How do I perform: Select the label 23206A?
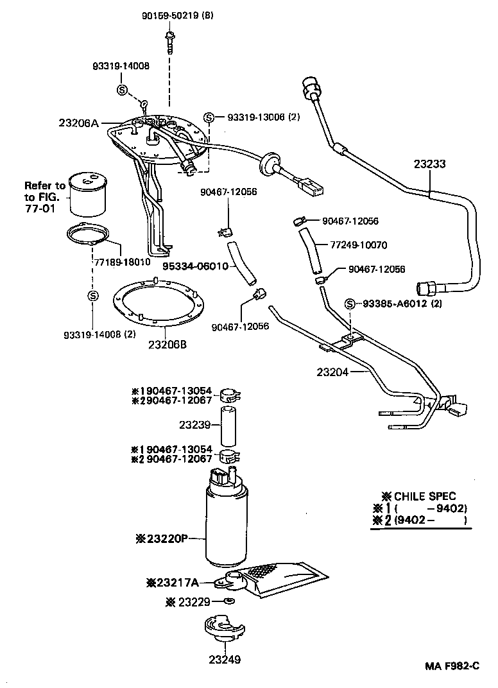coord(78,123)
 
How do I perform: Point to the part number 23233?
coord(429,164)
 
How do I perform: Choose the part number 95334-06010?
coord(195,266)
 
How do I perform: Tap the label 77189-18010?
coord(122,262)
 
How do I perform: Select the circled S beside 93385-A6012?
coord(350,304)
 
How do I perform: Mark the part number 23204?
coord(332,372)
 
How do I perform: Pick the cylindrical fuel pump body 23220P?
coord(226,526)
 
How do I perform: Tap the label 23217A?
coord(171,583)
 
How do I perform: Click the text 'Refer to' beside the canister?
coord(45,185)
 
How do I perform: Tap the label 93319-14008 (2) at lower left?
coord(94,335)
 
